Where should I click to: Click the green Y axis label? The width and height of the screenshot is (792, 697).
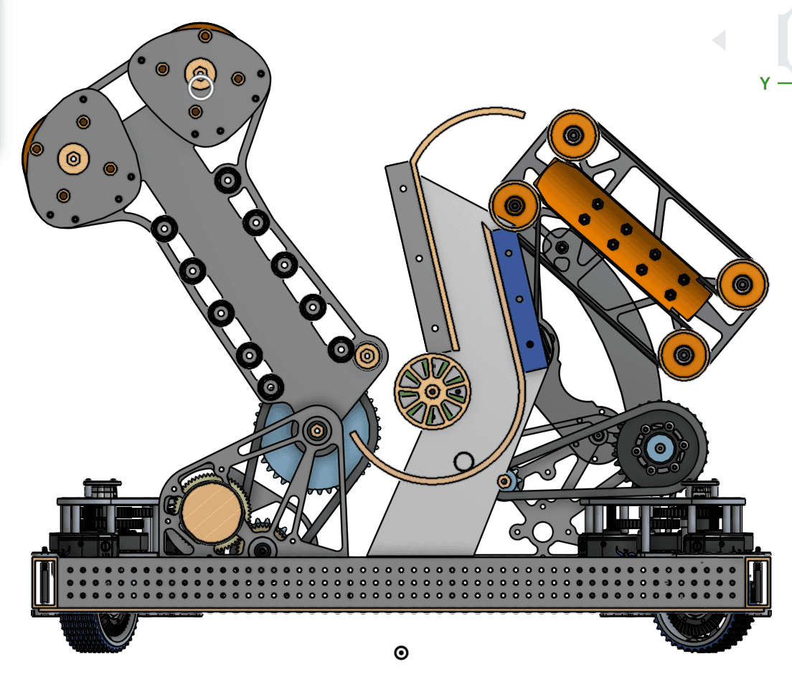point(765,83)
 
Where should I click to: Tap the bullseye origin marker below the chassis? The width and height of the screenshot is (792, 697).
point(401,653)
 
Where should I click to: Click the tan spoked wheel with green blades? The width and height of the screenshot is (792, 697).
point(433,392)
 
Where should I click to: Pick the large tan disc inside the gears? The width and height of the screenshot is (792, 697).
point(212,512)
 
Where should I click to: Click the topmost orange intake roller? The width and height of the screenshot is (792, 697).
point(573,136)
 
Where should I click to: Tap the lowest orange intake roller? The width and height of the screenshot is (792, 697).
point(684,354)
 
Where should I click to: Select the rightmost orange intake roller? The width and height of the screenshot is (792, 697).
point(742,284)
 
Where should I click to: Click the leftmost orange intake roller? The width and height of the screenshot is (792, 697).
point(514,205)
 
